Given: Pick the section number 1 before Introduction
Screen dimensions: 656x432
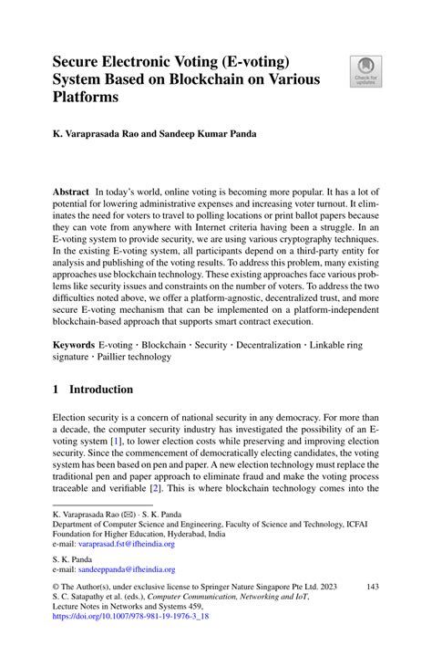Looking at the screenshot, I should click(x=56, y=390).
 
